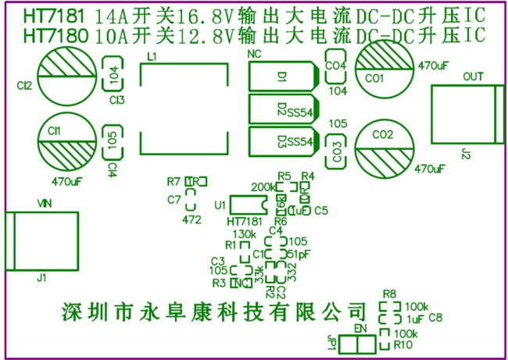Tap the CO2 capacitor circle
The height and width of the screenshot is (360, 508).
coord(384,145)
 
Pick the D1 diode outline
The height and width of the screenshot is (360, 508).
coord(282,77)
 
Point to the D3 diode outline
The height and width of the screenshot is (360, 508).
coord(282,141)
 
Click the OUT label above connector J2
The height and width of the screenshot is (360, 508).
coord(474,77)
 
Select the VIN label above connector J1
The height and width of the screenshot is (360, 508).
coord(45,203)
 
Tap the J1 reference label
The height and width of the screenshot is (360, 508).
coord(42,277)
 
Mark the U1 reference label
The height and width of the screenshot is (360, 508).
coord(220,205)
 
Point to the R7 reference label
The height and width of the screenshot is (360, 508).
coord(174,181)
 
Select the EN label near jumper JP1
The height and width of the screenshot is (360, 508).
coord(360,328)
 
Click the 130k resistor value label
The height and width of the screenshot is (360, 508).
coord(245,234)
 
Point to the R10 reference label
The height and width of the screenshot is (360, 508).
coord(402,344)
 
